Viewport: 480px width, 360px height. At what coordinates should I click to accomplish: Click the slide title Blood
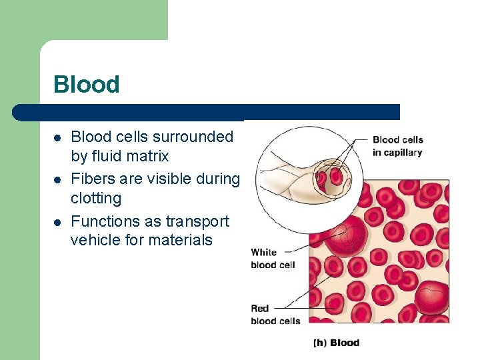[x=86, y=85]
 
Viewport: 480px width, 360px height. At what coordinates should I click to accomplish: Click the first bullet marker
[x=58, y=138]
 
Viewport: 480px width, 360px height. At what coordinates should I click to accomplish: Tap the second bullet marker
[x=58, y=180]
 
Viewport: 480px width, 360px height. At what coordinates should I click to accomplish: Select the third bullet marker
[x=58, y=222]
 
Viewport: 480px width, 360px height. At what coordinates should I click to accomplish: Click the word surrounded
[x=193, y=137]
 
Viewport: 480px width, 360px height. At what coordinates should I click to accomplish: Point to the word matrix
[x=151, y=157]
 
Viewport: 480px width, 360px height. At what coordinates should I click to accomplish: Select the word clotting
[x=96, y=199]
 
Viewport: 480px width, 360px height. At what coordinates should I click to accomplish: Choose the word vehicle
[x=95, y=240]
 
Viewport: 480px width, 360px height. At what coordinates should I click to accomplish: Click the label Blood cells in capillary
[x=397, y=146]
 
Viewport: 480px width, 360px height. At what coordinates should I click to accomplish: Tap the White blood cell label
[x=273, y=258]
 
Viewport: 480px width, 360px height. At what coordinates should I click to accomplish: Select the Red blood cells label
[x=275, y=314]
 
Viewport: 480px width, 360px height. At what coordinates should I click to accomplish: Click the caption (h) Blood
[x=336, y=343]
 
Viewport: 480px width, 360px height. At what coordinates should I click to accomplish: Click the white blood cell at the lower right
[x=432, y=296]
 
